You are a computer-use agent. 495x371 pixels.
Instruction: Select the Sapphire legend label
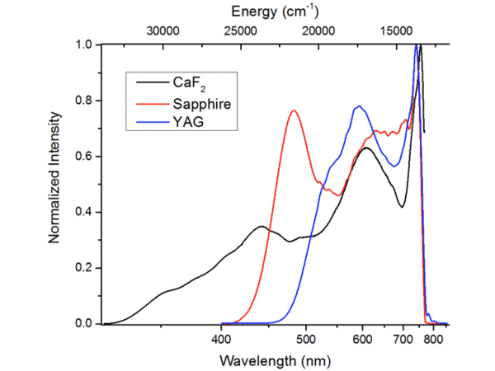click(201, 104)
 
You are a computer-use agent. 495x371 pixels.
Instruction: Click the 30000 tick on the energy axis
click(163, 31)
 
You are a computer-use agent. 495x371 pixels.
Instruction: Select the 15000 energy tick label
click(395, 31)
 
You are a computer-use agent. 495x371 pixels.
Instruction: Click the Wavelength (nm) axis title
click(275, 359)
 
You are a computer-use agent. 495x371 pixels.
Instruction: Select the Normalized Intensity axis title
click(54, 183)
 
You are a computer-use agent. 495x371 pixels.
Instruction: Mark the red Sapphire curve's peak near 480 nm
click(294, 110)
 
